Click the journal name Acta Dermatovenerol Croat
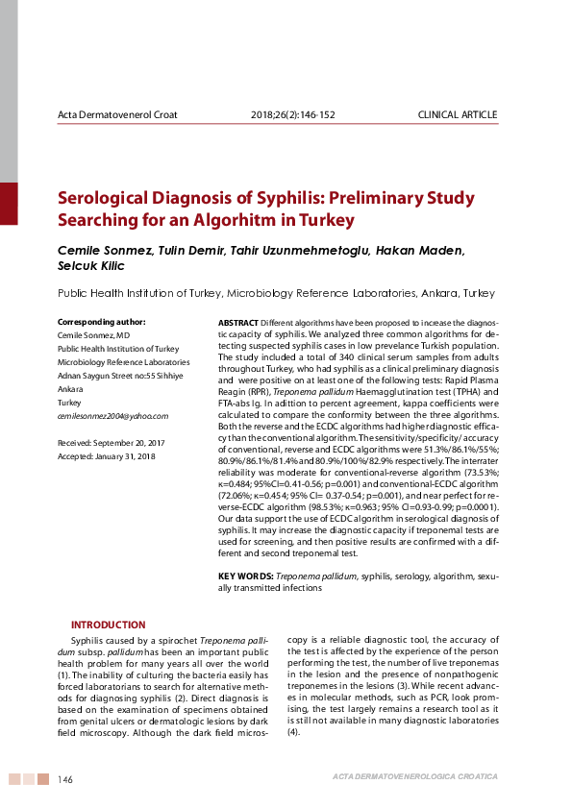pos(117,115)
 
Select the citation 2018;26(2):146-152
pos(292,115)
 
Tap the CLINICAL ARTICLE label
pos(458,115)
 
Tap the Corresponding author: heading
pos(102,322)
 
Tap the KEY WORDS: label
pos(245,576)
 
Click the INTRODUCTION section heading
pos(109,625)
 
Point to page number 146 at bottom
pos(65,777)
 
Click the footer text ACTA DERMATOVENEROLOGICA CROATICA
pos(414,776)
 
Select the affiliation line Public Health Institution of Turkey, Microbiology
pos(277,293)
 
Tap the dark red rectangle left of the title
pos(9,204)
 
